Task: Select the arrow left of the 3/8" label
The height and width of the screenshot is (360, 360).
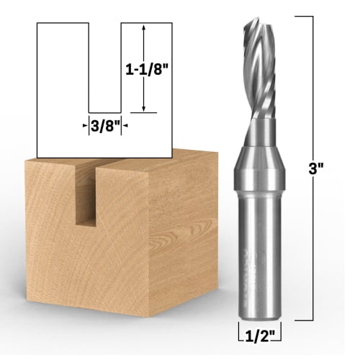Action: click(x=85, y=125)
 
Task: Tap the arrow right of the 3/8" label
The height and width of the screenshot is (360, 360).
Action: click(x=123, y=125)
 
